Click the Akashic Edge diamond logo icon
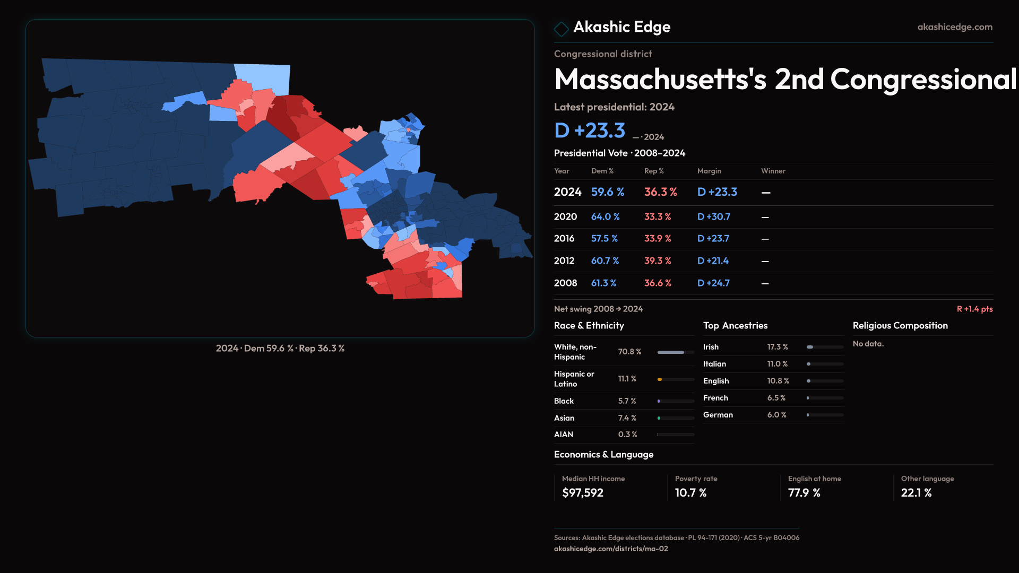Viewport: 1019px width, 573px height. click(561, 29)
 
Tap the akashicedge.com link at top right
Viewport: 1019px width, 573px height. click(954, 27)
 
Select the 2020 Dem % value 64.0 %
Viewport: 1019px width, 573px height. click(605, 217)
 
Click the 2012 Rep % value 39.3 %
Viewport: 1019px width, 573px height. click(657, 261)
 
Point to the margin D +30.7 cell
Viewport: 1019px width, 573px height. click(713, 217)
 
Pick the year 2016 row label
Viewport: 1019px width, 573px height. click(564, 239)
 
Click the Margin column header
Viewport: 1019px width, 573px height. click(709, 171)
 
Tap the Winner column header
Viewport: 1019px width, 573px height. click(773, 171)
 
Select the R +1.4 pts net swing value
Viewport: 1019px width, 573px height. click(974, 309)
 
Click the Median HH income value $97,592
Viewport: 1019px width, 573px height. click(582, 493)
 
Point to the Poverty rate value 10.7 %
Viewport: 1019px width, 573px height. click(690, 493)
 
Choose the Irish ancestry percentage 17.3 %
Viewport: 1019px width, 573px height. click(777, 347)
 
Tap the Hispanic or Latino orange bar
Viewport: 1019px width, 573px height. click(660, 379)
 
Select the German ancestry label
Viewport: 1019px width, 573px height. click(718, 415)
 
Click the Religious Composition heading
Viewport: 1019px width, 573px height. click(900, 326)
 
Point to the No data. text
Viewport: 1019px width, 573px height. click(868, 344)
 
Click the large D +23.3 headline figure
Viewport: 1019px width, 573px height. click(589, 131)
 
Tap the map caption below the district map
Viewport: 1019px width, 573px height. click(280, 349)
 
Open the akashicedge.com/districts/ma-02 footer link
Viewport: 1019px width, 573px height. click(610, 549)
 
